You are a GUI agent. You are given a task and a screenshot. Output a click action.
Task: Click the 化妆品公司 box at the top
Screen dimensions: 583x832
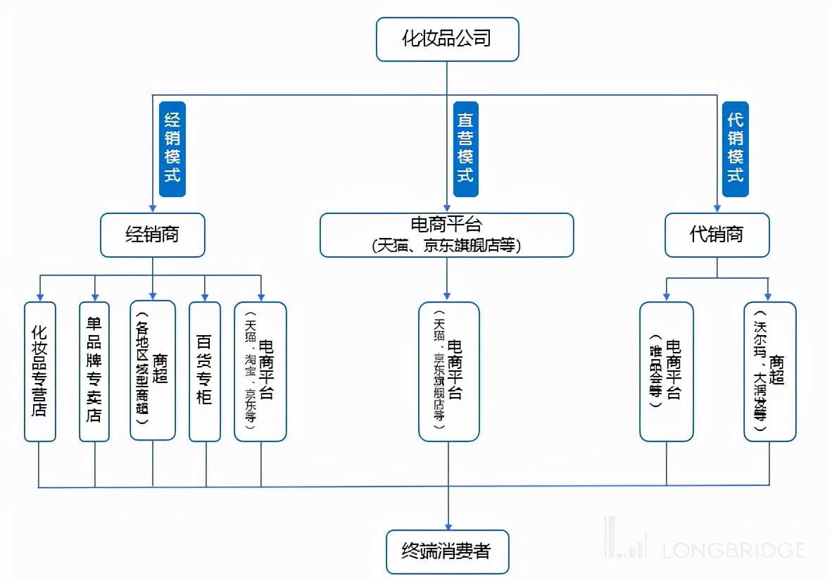(447, 39)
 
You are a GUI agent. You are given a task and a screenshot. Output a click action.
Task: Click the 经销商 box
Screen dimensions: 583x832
(152, 235)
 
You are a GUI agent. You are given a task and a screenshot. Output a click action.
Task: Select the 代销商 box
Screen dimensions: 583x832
(717, 235)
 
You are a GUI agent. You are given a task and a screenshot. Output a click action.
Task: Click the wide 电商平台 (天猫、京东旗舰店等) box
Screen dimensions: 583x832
(446, 235)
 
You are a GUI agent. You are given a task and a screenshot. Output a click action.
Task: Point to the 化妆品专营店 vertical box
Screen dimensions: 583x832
(39, 372)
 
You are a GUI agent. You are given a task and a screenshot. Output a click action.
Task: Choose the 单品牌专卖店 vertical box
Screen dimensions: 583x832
(94, 372)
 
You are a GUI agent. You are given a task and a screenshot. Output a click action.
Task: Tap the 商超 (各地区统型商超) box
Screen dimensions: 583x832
(153, 371)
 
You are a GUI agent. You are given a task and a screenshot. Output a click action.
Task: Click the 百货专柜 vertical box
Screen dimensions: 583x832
(205, 372)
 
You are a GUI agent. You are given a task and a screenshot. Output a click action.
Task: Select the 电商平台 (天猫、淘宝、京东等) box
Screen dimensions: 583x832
(260, 372)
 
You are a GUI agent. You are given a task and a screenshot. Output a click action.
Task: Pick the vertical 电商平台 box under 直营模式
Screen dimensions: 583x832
(448, 372)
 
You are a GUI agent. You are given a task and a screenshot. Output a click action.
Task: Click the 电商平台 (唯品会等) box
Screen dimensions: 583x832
(666, 372)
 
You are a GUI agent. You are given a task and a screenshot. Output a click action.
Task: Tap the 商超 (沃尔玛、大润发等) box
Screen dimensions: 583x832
(769, 372)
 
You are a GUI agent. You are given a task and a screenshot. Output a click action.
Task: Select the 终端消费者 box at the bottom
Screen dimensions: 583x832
(446, 551)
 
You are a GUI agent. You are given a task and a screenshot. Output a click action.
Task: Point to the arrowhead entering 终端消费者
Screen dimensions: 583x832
(447, 525)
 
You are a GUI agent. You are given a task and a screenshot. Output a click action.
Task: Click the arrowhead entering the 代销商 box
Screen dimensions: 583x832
(717, 209)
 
